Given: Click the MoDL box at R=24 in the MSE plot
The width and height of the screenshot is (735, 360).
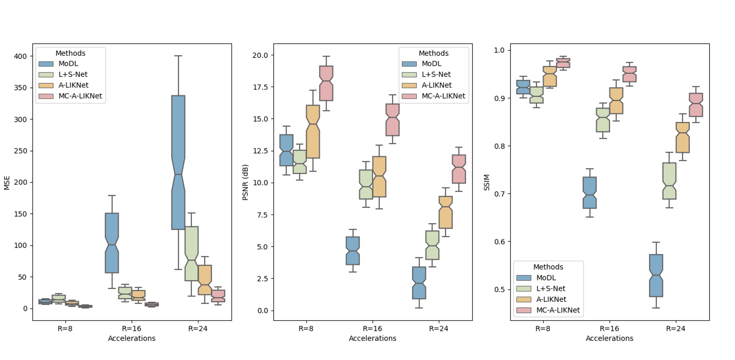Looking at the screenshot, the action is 178,162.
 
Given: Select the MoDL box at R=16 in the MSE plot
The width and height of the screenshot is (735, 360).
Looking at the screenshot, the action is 112,243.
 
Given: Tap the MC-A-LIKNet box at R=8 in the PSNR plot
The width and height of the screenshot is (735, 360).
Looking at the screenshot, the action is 326,83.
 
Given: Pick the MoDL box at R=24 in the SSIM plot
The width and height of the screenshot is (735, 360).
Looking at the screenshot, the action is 656,276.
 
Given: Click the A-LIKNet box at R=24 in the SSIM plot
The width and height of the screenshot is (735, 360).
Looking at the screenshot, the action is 683,137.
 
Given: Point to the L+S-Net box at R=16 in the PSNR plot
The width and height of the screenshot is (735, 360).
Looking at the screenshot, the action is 366,184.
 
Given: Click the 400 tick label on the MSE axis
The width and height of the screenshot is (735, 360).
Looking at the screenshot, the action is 20,56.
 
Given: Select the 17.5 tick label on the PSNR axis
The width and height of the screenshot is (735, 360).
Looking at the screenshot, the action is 260,87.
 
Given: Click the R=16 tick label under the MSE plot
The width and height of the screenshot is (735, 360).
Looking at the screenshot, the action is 132,328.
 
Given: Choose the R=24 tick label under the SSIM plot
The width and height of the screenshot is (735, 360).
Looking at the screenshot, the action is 676,328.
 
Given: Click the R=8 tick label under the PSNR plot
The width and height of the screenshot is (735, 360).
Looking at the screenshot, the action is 306,328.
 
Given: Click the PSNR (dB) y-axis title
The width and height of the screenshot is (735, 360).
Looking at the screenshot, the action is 245,182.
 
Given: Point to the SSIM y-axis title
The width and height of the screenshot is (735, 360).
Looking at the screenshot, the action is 487,182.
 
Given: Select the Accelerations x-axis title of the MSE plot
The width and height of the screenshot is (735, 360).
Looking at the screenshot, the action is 132,338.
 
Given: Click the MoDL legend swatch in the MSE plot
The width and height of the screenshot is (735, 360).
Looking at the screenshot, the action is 46,64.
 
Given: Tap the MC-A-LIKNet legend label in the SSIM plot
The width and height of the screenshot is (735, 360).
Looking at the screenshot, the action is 558,310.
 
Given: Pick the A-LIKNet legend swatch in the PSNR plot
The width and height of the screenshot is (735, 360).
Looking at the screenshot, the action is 409,85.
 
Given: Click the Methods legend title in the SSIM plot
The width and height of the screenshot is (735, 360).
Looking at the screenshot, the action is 548,267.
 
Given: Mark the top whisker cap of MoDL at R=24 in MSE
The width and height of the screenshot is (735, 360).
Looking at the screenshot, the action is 178,56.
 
